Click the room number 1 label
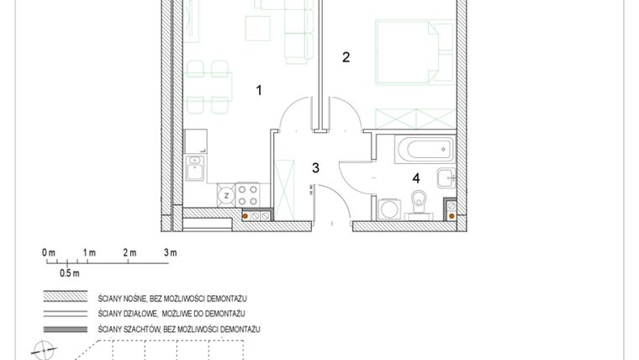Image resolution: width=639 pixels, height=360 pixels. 260,89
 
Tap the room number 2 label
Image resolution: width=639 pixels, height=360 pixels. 346,57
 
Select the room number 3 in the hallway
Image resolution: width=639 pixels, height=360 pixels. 315,167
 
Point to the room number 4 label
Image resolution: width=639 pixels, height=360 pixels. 415,177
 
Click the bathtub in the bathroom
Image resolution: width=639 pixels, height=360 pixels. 425,150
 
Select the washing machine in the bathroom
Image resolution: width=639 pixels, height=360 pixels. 388,207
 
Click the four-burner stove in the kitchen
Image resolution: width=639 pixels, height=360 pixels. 247,195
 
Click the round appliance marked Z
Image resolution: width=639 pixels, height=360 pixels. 225,196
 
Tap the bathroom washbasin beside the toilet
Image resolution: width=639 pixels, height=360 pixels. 446,177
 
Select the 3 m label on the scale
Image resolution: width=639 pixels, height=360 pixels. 170,251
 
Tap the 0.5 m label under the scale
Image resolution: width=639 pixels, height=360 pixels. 69,273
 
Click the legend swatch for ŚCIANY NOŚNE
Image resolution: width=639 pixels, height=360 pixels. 66,297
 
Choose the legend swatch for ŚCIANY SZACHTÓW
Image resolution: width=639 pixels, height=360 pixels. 66,327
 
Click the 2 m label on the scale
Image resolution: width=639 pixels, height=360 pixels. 129,251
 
